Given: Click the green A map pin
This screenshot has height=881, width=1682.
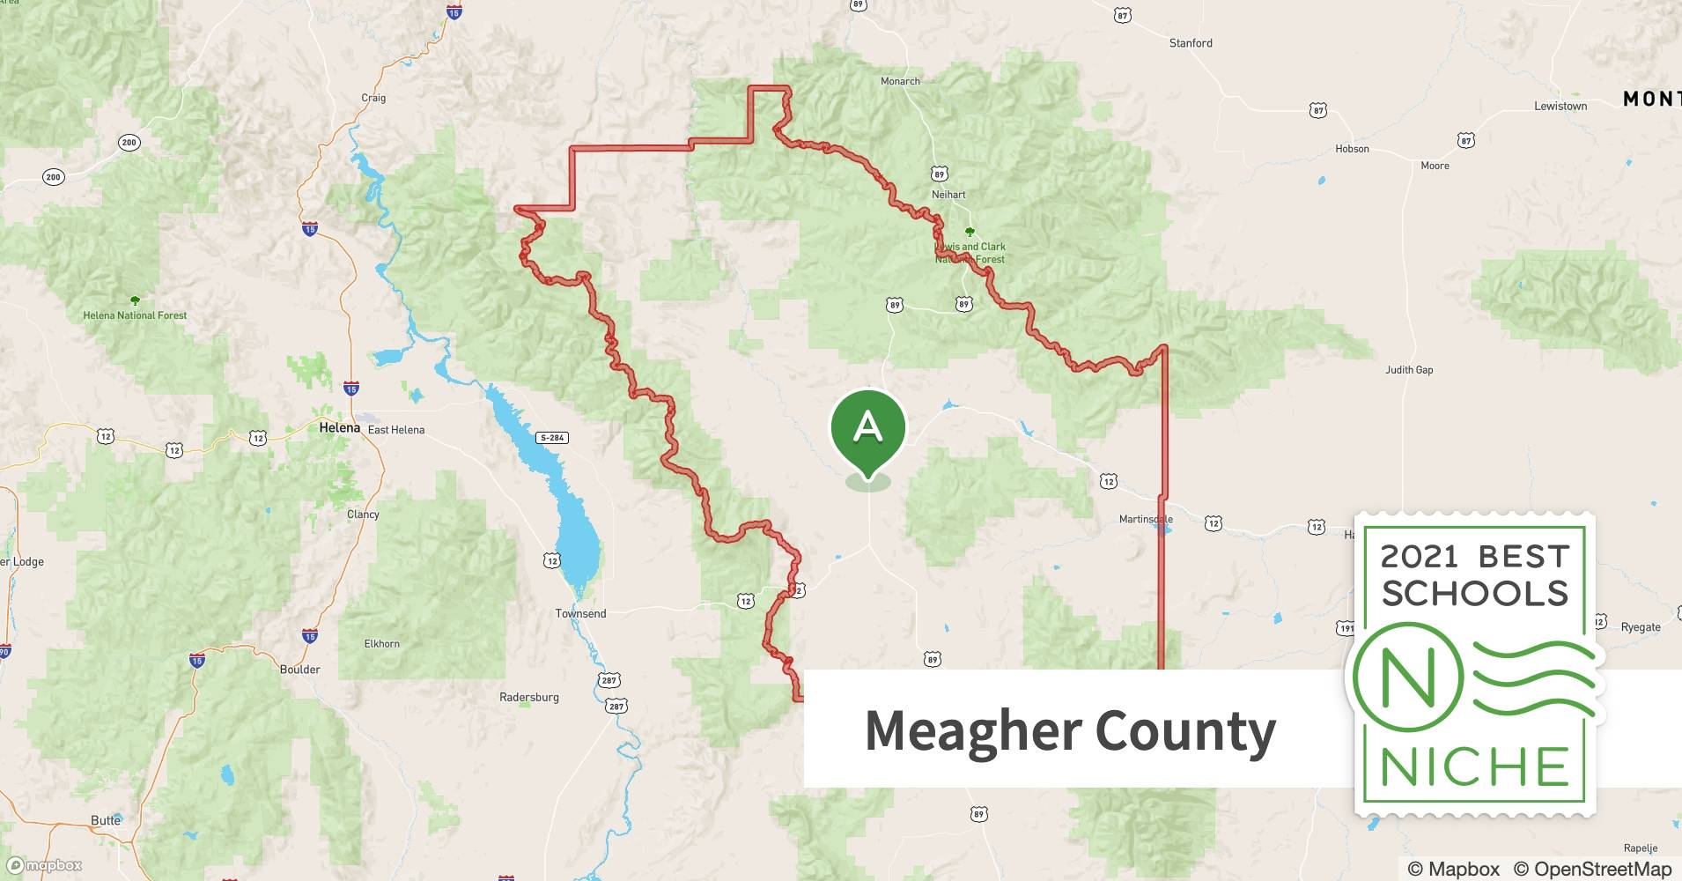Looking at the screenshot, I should (867, 428).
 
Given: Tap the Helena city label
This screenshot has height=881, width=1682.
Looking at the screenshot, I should (339, 428).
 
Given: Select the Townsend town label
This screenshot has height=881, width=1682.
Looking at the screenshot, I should (580, 613).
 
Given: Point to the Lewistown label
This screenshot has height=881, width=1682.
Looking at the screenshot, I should (1560, 106).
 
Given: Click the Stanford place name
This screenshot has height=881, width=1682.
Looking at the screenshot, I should (1191, 43).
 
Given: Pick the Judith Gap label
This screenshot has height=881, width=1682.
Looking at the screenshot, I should (1409, 370).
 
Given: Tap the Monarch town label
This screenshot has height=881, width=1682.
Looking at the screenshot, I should (900, 81).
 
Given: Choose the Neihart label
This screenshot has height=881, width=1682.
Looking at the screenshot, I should (948, 195).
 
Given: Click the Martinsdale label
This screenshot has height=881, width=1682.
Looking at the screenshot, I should (1146, 519).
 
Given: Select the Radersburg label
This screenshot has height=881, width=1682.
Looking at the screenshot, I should (528, 697).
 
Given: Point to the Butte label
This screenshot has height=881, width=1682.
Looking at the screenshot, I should (106, 820).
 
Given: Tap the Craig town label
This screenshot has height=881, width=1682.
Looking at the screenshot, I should (373, 98).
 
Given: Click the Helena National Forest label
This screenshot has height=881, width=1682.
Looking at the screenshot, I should (135, 315).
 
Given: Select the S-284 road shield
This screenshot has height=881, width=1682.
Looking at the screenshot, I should (552, 438).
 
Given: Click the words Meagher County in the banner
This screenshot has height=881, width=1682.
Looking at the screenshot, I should (1070, 730).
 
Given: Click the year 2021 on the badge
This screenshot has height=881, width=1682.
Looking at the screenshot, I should (1419, 557).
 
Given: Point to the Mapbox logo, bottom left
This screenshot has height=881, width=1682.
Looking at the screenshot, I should (44, 865).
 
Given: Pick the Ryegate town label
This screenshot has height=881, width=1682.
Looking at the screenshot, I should (1641, 627).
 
